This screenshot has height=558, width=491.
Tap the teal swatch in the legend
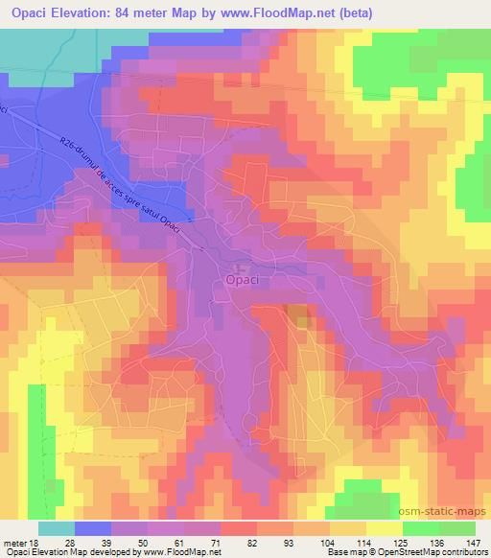coord(56,528)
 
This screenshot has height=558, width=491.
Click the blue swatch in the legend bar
coord(91,528)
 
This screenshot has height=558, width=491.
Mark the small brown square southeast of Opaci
coord(298,316)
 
